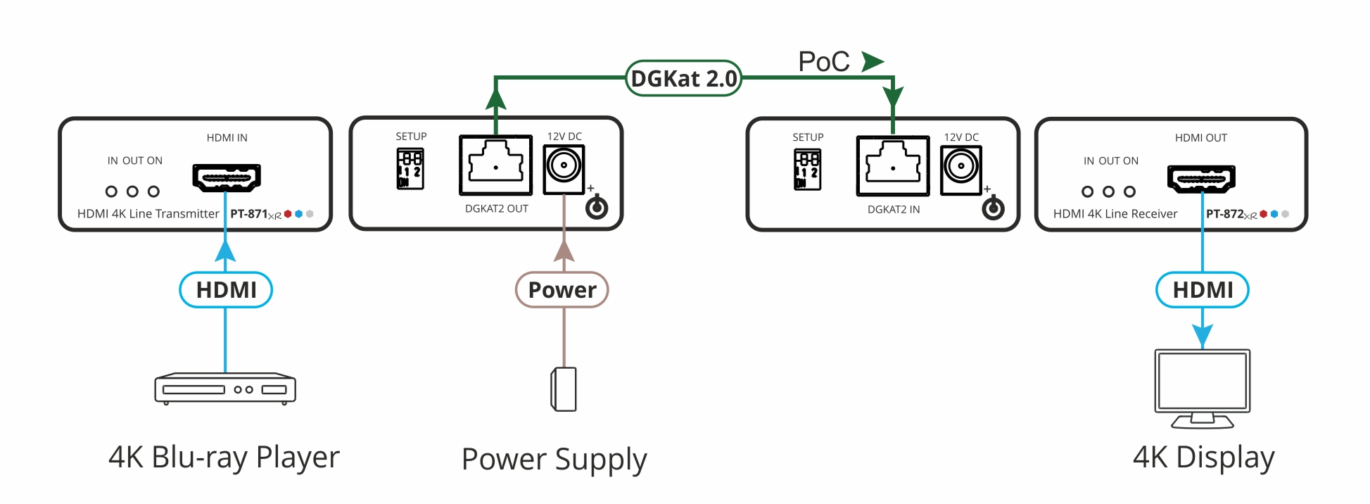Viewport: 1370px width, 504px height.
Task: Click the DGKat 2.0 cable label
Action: (x=683, y=79)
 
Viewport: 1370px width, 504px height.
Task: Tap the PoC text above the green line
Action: (x=824, y=62)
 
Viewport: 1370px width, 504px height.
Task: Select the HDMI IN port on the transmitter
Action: (x=227, y=177)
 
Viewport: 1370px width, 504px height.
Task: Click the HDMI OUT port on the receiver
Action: (x=1201, y=178)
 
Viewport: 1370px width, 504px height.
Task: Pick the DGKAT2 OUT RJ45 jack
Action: (x=495, y=165)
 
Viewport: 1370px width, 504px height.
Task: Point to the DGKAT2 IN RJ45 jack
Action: (x=892, y=165)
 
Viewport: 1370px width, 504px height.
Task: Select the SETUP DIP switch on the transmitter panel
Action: (x=410, y=169)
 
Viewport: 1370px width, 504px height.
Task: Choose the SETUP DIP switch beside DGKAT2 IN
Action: (x=807, y=170)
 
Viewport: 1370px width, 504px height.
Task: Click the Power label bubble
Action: (x=562, y=290)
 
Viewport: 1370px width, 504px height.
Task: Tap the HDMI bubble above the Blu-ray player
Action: (x=226, y=290)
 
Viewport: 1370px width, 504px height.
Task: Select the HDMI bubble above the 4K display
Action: (x=1203, y=290)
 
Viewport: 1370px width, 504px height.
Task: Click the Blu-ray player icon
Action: (x=225, y=389)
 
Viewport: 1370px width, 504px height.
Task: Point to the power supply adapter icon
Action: (x=564, y=389)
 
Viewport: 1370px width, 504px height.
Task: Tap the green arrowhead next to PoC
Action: (x=873, y=61)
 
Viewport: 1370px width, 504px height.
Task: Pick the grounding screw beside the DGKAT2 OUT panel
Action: (x=597, y=208)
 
